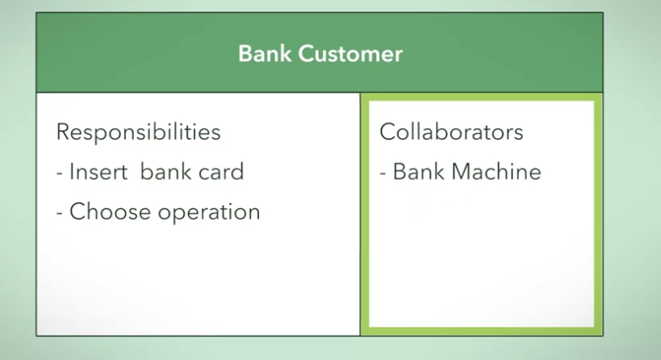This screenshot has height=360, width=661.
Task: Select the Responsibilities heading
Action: click(138, 132)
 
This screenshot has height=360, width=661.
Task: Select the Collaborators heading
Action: click(451, 132)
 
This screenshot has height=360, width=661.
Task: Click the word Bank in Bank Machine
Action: click(418, 172)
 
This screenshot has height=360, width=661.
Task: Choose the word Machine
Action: click(496, 172)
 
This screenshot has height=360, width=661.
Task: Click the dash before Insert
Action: click(61, 173)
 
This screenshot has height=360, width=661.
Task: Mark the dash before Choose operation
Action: click(61, 213)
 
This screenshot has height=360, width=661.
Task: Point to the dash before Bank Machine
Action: click(384, 173)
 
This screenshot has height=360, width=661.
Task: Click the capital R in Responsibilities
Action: click(62, 132)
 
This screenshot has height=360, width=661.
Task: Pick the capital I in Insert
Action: click(72, 172)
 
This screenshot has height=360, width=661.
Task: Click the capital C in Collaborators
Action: click(387, 132)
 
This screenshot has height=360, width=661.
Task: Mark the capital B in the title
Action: click(244, 54)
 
